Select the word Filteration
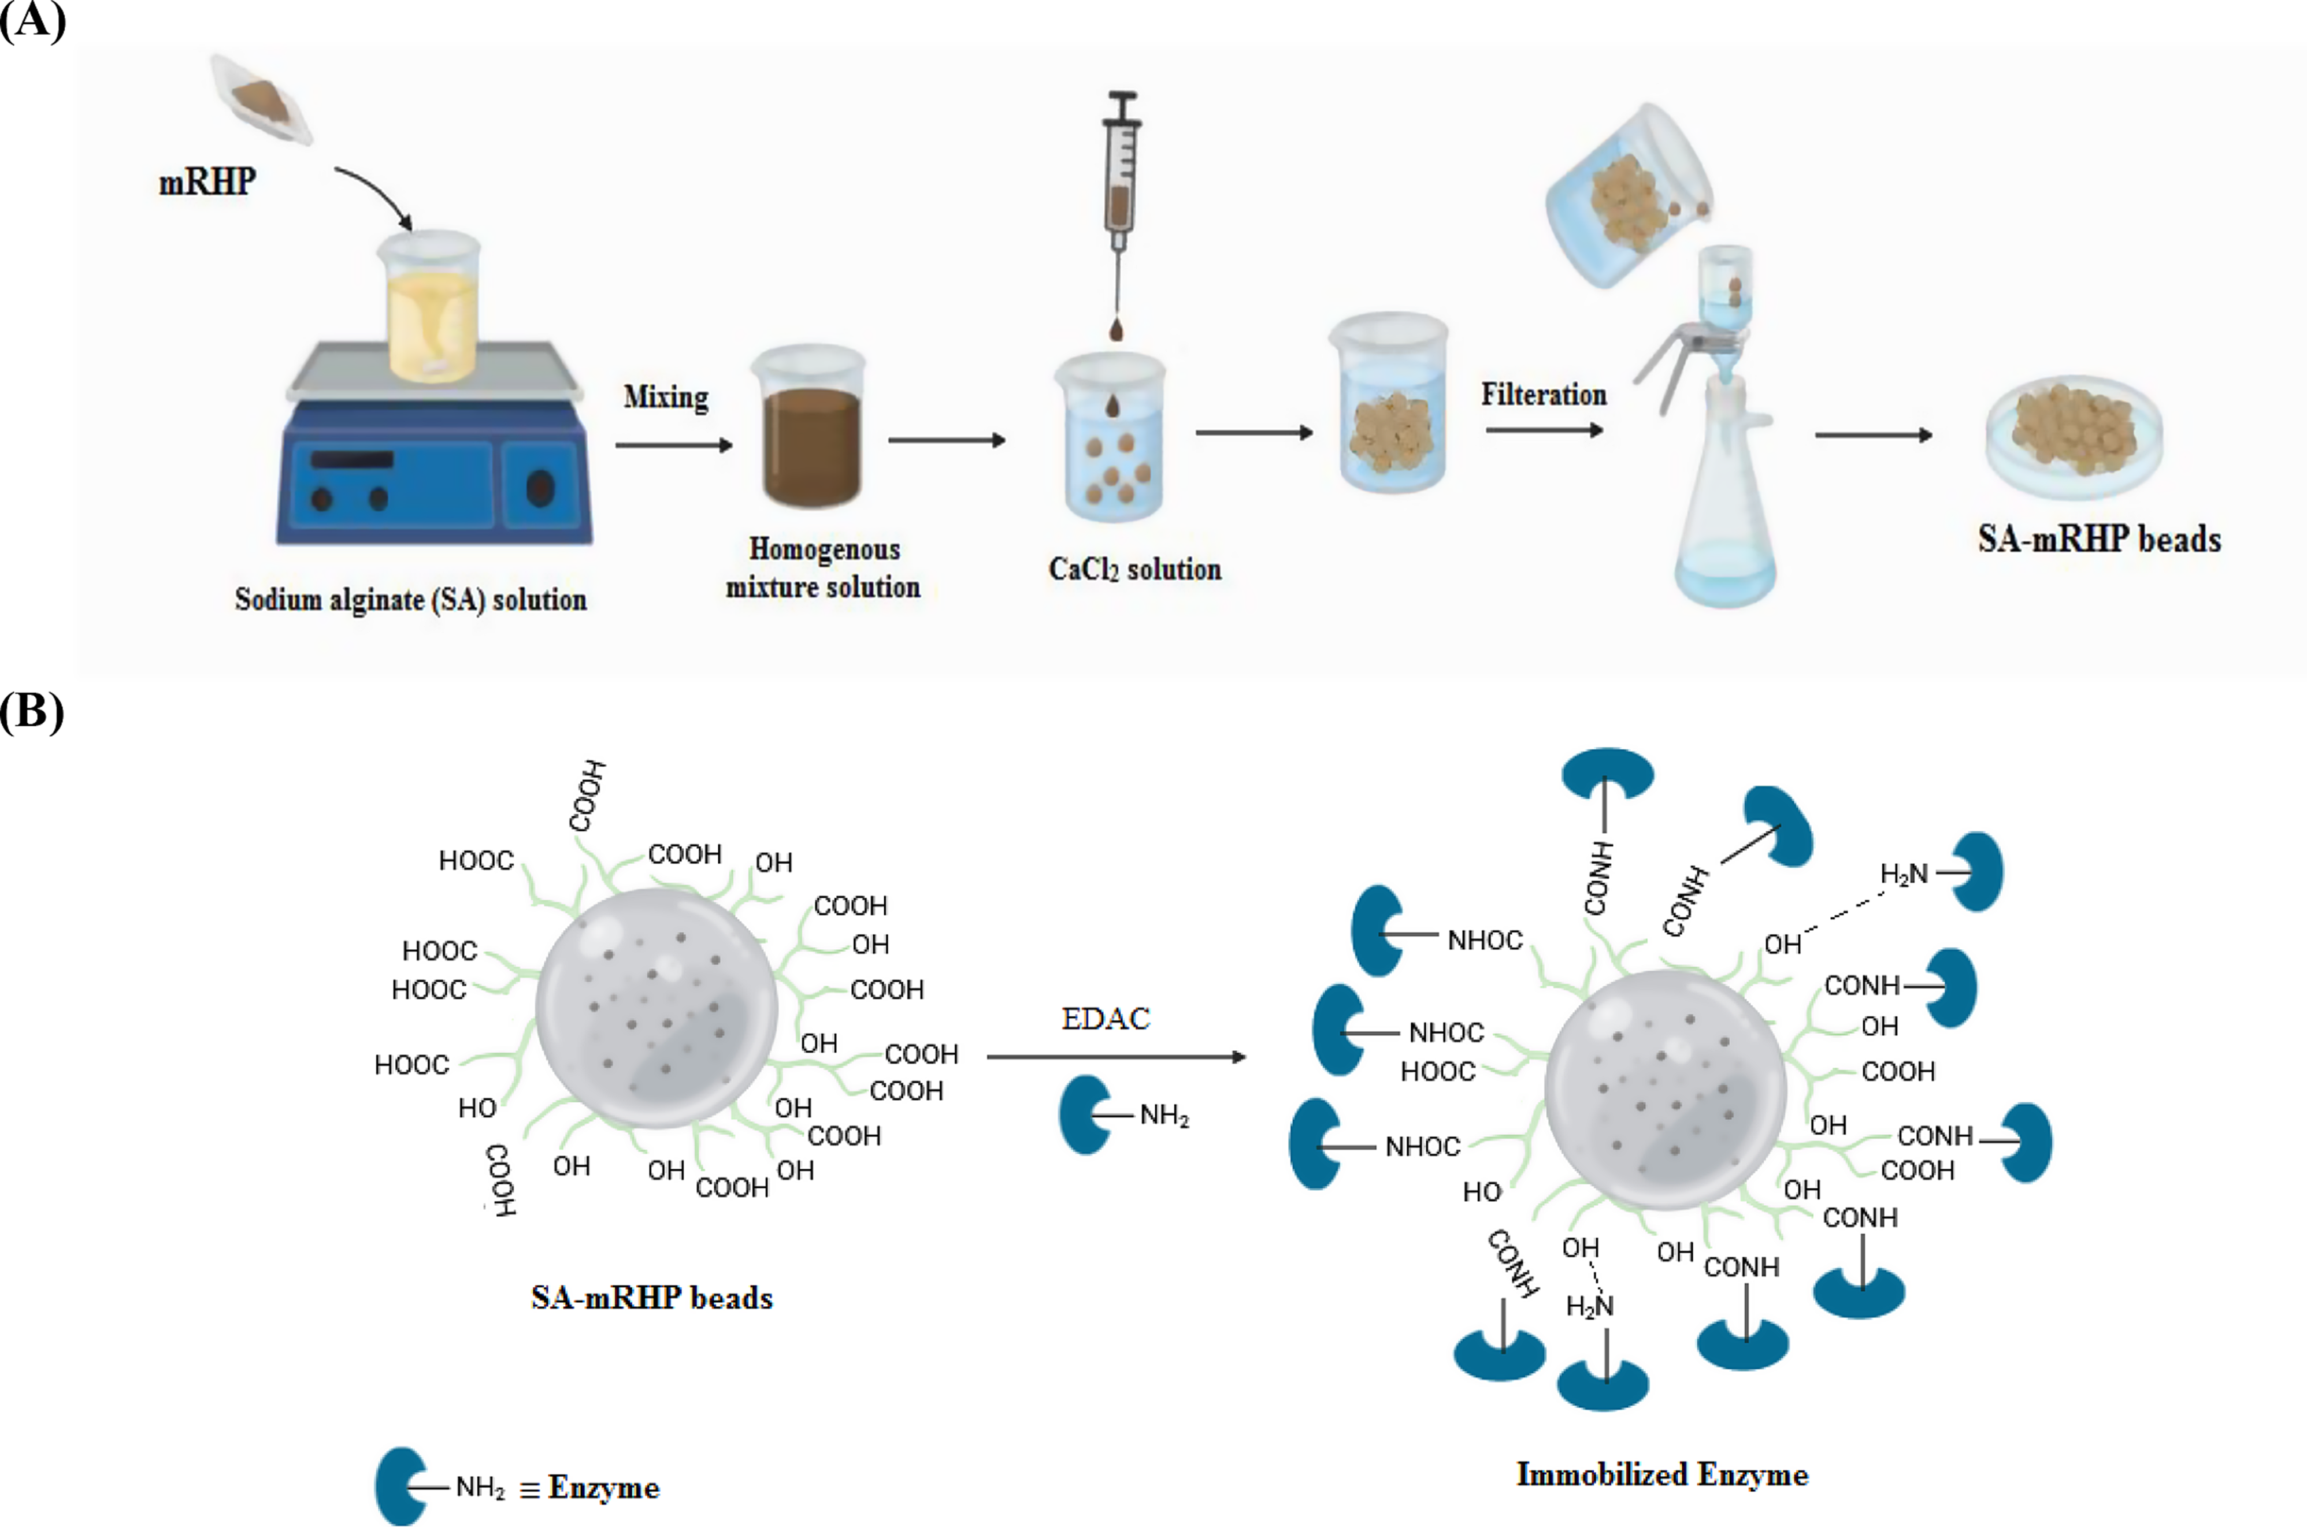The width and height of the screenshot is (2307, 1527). (x=1544, y=395)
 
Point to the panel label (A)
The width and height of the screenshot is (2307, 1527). (x=32, y=20)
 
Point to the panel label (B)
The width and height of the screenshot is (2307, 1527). (x=32, y=712)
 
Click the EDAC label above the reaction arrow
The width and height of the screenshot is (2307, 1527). (x=1106, y=1019)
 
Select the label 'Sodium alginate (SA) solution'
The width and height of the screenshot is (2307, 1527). (x=410, y=599)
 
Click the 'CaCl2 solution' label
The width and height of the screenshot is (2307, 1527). (x=1134, y=569)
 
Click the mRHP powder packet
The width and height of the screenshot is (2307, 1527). (x=261, y=98)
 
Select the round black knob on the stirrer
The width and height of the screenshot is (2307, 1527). (x=540, y=487)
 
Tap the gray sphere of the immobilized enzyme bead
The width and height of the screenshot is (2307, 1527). (x=1666, y=1091)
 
